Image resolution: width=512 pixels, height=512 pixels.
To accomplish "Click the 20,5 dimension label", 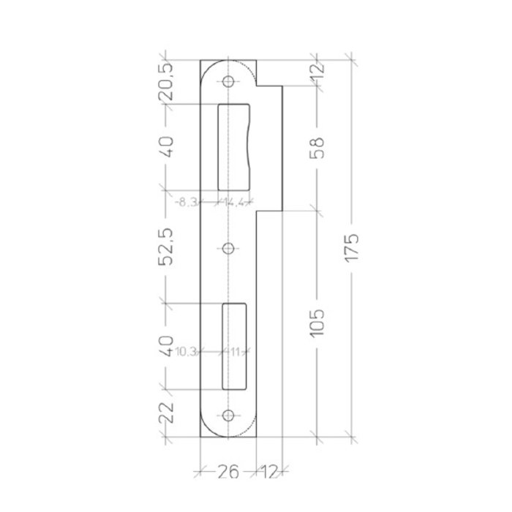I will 167,79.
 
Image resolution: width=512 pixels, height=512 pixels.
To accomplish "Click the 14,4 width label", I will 236,203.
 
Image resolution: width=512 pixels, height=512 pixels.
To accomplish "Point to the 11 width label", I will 235,352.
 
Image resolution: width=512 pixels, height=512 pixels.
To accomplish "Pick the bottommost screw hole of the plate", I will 228,415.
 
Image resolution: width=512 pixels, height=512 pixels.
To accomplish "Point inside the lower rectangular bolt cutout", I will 235,344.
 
